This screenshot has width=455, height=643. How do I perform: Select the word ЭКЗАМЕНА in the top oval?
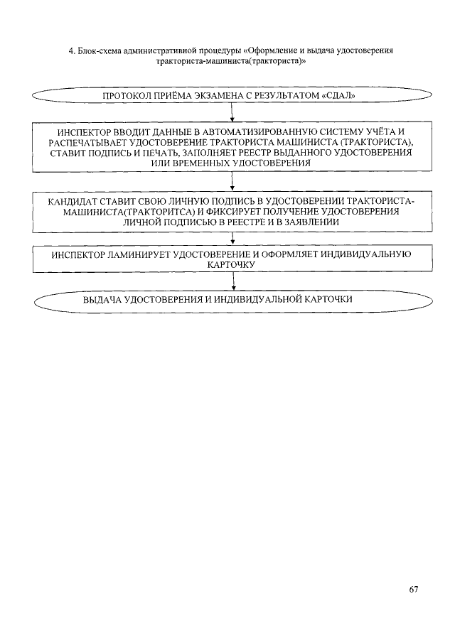219,94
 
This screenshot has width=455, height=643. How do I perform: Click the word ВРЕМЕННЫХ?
206,163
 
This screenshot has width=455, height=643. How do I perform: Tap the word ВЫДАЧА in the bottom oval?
101,300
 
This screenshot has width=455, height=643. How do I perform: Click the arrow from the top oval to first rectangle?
233,114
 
